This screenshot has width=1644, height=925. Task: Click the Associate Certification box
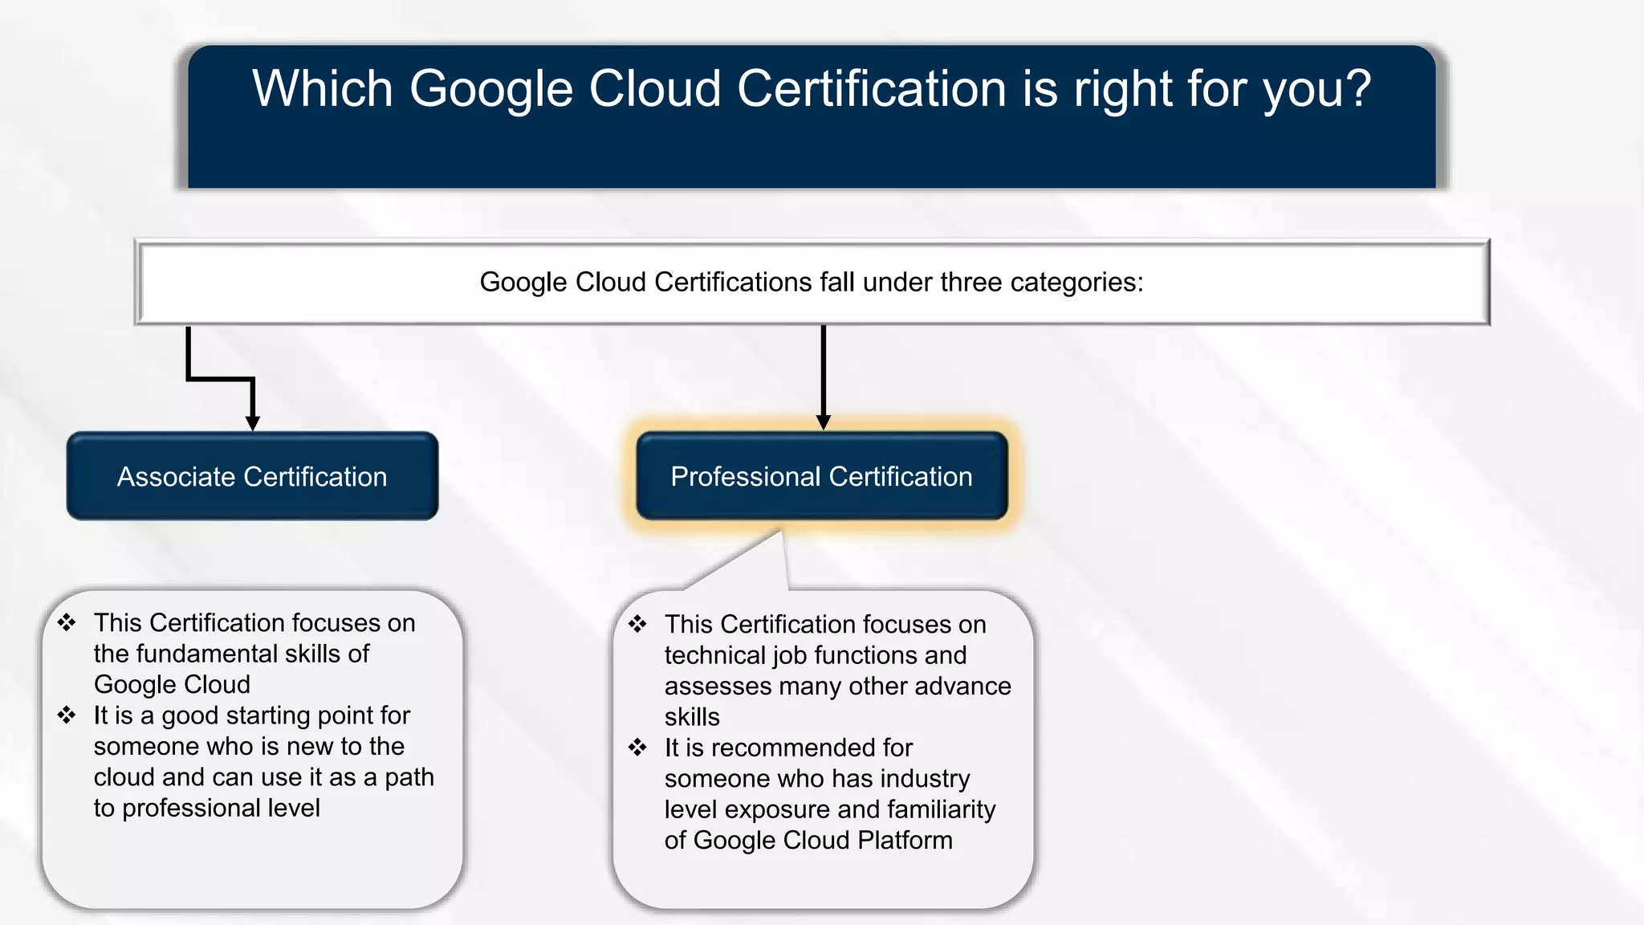tap(252, 476)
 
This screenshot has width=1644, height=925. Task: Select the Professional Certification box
tap(821, 476)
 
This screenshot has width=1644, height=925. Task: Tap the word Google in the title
tap(491, 88)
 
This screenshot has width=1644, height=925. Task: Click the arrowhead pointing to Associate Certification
tap(253, 422)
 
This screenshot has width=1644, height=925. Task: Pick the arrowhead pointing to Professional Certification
tap(823, 422)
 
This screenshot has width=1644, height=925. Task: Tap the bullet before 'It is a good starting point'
tap(67, 715)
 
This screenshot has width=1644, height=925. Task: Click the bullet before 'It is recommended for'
tap(637, 748)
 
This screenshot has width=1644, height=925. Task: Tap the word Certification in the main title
tap(871, 88)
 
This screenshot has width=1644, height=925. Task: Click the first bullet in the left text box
tap(67, 622)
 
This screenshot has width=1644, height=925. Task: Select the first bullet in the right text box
tap(637, 624)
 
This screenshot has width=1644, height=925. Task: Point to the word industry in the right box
tap(925, 778)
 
